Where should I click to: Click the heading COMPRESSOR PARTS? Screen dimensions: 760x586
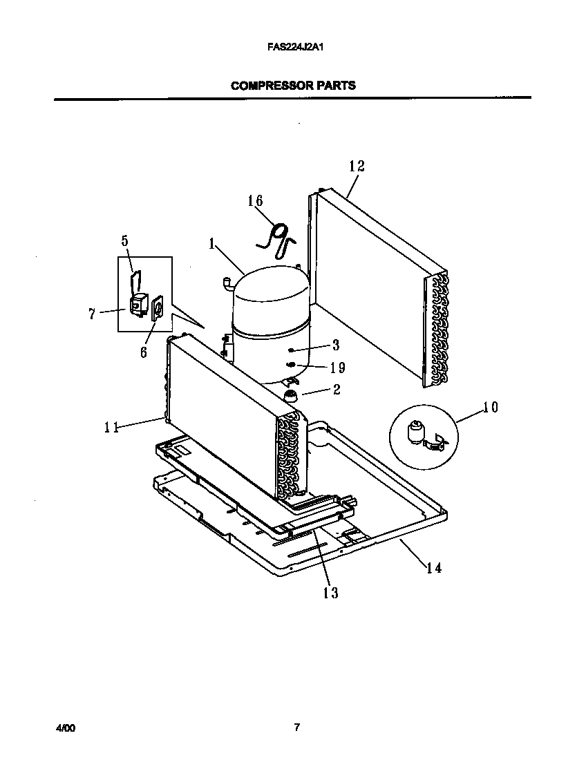(x=293, y=86)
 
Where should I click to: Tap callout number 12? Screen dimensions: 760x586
(x=357, y=166)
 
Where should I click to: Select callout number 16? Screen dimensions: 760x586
(x=255, y=201)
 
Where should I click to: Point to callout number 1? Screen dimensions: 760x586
(x=212, y=243)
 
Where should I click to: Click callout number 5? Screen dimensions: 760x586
(x=125, y=240)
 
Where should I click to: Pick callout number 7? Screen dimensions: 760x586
(x=92, y=314)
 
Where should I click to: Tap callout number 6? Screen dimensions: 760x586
(x=143, y=352)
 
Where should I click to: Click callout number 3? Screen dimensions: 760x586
(x=335, y=345)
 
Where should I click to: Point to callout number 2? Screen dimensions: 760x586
(x=337, y=390)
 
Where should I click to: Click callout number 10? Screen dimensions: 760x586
(x=489, y=407)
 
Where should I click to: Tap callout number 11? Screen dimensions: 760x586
(x=111, y=428)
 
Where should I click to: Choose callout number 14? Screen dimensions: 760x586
(x=433, y=568)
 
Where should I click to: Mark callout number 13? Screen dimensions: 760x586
(x=331, y=593)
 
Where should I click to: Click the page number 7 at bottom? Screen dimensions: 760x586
(x=296, y=727)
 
